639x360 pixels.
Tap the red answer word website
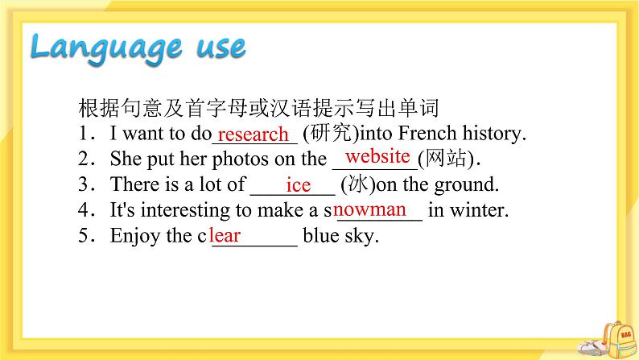[377, 156]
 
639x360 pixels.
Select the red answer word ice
[298, 185]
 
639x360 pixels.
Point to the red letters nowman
[370, 210]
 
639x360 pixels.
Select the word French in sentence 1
[425, 134]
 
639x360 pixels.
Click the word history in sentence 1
[489, 134]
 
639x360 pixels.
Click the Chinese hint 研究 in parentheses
[331, 134]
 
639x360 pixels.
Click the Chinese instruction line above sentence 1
[257, 108]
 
